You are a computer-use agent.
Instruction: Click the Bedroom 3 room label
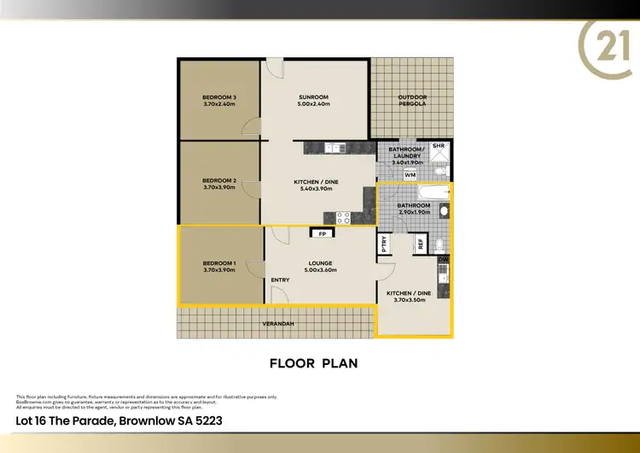(x=219, y=97)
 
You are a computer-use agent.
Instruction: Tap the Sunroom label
(x=314, y=97)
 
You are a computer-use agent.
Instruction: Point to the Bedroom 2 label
(x=219, y=180)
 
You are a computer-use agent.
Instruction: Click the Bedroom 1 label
(x=219, y=263)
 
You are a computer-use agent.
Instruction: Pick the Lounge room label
(x=321, y=263)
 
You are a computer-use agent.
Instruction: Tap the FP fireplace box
(x=322, y=233)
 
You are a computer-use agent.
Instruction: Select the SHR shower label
(x=439, y=147)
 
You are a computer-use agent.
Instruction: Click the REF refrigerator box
(x=420, y=244)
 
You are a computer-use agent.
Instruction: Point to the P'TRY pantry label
(x=385, y=243)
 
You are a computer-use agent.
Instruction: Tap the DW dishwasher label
(x=443, y=259)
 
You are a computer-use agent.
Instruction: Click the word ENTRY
(x=280, y=280)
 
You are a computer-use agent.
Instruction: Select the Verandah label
(x=277, y=324)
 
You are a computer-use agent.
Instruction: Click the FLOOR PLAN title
(x=313, y=362)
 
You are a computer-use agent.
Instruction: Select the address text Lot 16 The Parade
(x=65, y=421)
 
